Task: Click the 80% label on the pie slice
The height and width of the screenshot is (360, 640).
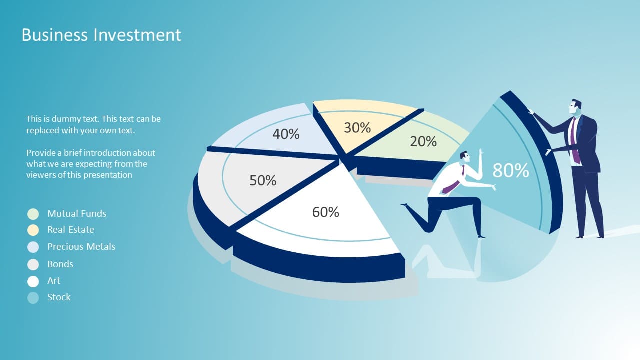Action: tap(511, 171)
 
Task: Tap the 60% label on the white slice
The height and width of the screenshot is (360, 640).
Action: tap(325, 212)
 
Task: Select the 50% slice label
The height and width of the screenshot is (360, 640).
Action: tap(263, 180)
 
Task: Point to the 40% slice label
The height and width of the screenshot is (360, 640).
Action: tap(286, 134)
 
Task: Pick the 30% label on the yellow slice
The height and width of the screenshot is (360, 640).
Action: tap(357, 127)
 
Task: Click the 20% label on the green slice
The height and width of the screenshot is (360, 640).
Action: tap(423, 141)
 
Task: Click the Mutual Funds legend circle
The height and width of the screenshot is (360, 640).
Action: tap(33, 214)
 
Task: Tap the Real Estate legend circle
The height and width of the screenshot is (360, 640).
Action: tap(33, 230)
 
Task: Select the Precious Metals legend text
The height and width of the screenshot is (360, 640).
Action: tap(81, 247)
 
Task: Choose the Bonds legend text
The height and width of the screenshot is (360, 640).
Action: tap(60, 264)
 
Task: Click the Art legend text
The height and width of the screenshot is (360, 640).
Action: tap(53, 281)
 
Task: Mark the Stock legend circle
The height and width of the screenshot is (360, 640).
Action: tap(33, 298)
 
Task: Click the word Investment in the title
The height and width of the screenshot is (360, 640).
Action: tap(137, 35)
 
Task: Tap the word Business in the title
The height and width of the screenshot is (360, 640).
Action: tap(55, 35)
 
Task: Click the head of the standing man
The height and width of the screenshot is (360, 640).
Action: tap(575, 106)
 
